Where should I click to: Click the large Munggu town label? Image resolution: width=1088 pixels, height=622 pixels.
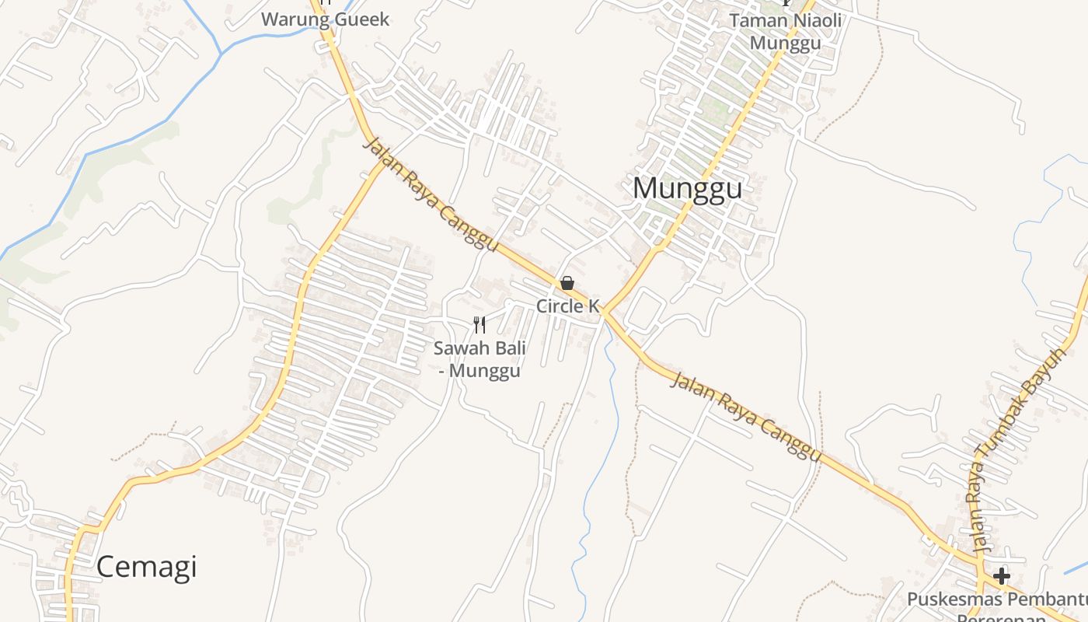[687, 188]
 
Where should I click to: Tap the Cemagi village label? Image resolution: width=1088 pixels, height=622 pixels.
[146, 567]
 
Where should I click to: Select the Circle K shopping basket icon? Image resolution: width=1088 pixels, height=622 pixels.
[567, 283]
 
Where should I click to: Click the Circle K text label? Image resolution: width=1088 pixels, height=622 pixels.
[568, 306]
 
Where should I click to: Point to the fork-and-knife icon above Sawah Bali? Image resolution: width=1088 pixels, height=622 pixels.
[479, 324]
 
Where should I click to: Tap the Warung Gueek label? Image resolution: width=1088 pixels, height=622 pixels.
[325, 19]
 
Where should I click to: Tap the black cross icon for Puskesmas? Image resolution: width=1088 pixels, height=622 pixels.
[1002, 576]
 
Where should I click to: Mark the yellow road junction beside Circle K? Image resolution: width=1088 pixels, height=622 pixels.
[604, 312]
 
